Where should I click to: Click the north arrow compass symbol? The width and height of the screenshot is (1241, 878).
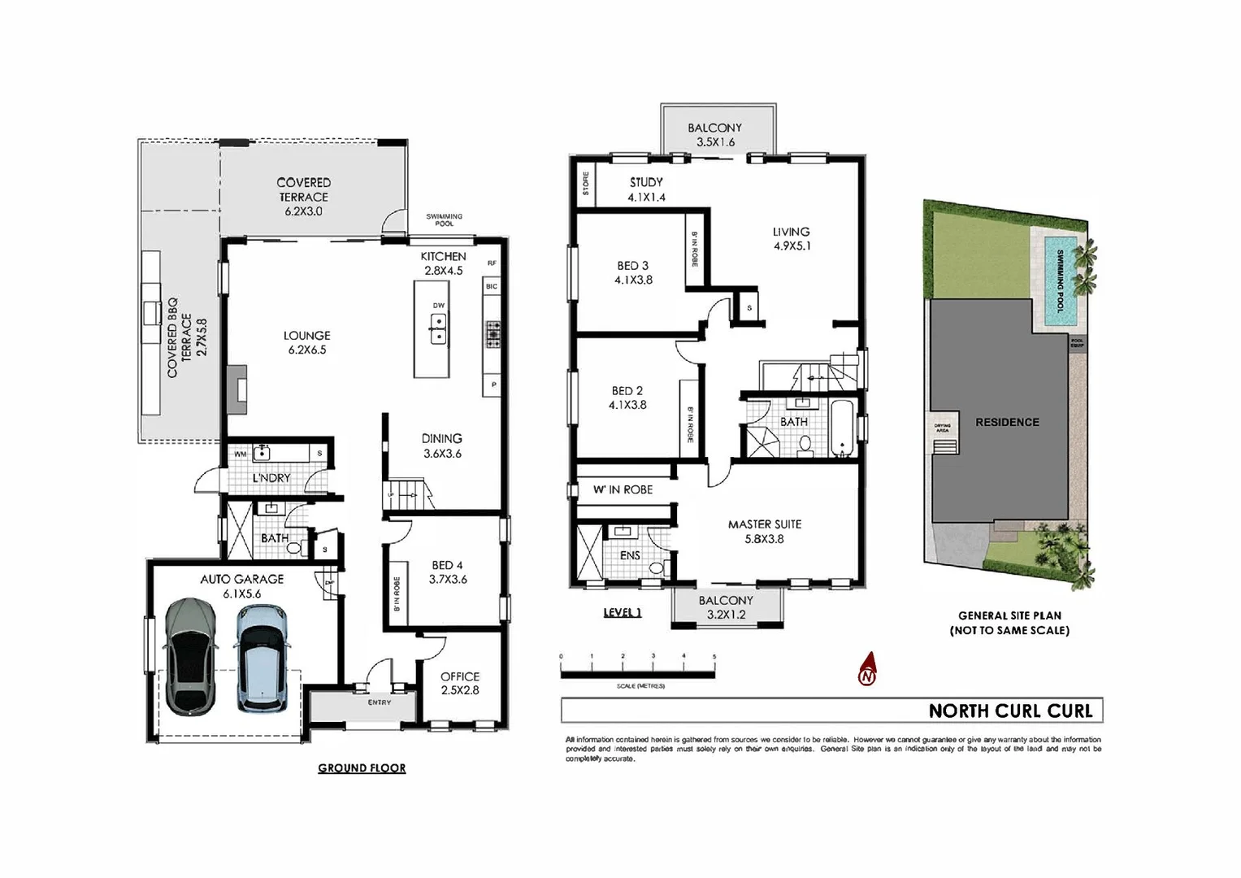point(868,670)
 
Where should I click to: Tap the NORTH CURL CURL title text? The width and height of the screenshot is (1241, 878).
point(1010,711)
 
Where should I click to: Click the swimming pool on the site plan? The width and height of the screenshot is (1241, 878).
point(1060,281)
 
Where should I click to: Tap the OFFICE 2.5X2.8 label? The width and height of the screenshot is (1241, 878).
point(460,683)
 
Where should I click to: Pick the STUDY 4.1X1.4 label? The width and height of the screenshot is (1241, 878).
point(646,189)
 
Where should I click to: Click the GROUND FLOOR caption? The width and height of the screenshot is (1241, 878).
point(362,768)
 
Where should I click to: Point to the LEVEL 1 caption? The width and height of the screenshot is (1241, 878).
point(623,612)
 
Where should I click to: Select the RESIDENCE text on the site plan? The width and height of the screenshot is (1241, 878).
point(1007,422)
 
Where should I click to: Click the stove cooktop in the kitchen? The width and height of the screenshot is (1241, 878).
point(493,334)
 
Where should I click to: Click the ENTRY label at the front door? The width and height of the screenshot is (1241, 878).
point(380,702)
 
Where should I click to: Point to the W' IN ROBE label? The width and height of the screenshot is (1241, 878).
point(623,489)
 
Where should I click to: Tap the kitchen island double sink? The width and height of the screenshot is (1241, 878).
point(438,329)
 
